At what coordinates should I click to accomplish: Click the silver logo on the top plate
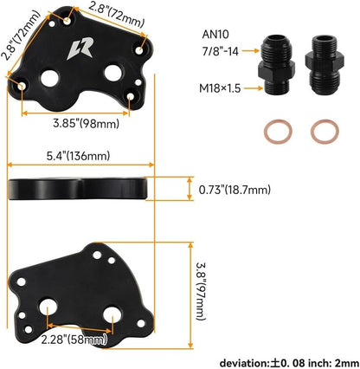point(80,49)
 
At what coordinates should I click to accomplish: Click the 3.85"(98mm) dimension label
point(86,124)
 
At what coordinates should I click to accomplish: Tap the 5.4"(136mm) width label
point(78,156)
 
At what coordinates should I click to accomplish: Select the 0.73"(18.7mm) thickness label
point(235,190)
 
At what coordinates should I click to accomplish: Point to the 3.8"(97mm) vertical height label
point(201,291)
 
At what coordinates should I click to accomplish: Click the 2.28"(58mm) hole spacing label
point(74,340)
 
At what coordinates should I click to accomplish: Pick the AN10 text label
point(215,35)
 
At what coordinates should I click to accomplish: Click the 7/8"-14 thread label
point(221,51)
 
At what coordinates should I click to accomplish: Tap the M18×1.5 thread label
point(220,88)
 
